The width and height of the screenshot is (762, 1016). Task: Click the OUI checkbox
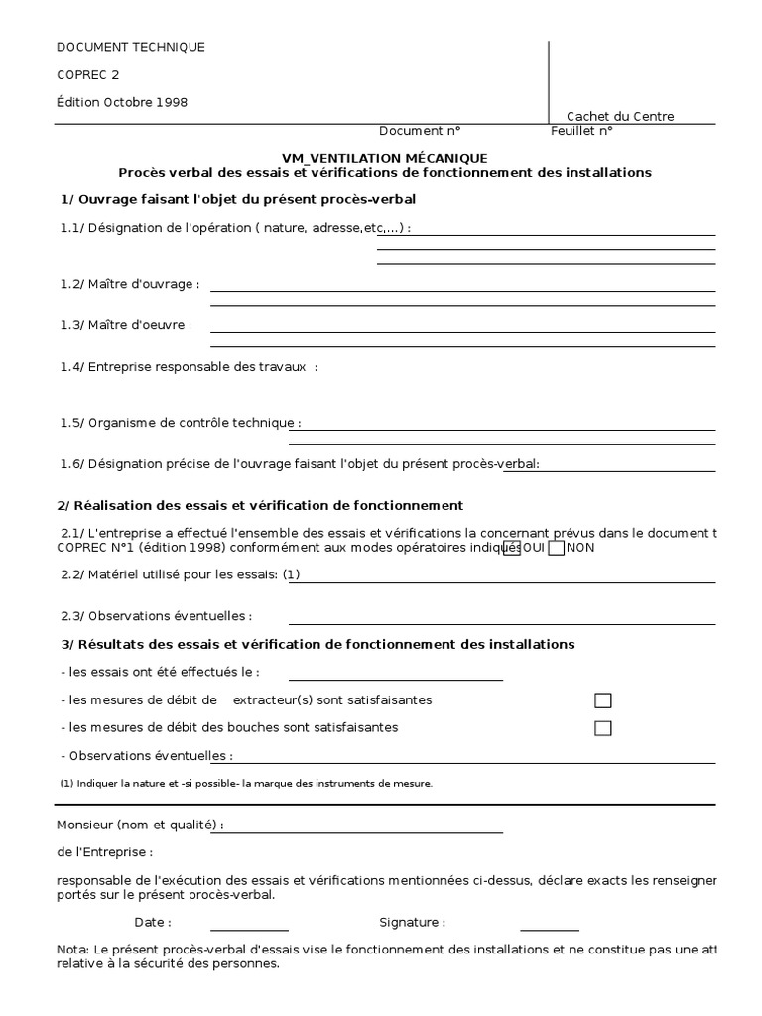tap(512, 548)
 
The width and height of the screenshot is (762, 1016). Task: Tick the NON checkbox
tap(557, 548)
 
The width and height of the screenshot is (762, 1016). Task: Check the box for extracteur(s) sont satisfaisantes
tap(602, 700)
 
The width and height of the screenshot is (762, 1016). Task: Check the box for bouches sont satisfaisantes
tap(602, 728)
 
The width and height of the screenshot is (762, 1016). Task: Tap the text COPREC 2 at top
tap(88, 74)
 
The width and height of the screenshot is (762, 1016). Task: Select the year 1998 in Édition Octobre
tap(171, 102)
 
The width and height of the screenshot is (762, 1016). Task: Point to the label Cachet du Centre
tap(620, 117)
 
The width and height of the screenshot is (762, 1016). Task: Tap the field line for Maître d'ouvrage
tap(462, 290)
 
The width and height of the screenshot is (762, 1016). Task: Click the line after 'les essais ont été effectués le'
tap(395, 680)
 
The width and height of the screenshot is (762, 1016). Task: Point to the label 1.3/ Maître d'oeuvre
tap(126, 324)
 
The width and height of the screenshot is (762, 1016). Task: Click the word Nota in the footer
tap(72, 950)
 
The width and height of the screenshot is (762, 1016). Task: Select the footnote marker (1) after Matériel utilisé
tap(291, 574)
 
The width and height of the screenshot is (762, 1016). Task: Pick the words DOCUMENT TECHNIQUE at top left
tap(131, 47)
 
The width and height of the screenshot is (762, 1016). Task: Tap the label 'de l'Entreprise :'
tap(105, 852)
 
